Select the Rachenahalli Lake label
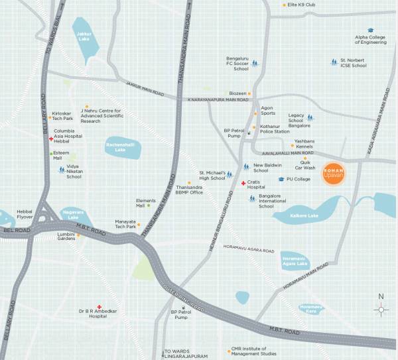click(121, 149)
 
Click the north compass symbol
click(380, 309)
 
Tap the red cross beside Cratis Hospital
click(243, 182)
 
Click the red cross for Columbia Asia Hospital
click(50, 139)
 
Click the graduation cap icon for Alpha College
click(371, 30)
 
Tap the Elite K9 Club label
click(302, 5)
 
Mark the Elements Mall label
click(145, 202)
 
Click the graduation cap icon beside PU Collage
click(281, 179)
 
